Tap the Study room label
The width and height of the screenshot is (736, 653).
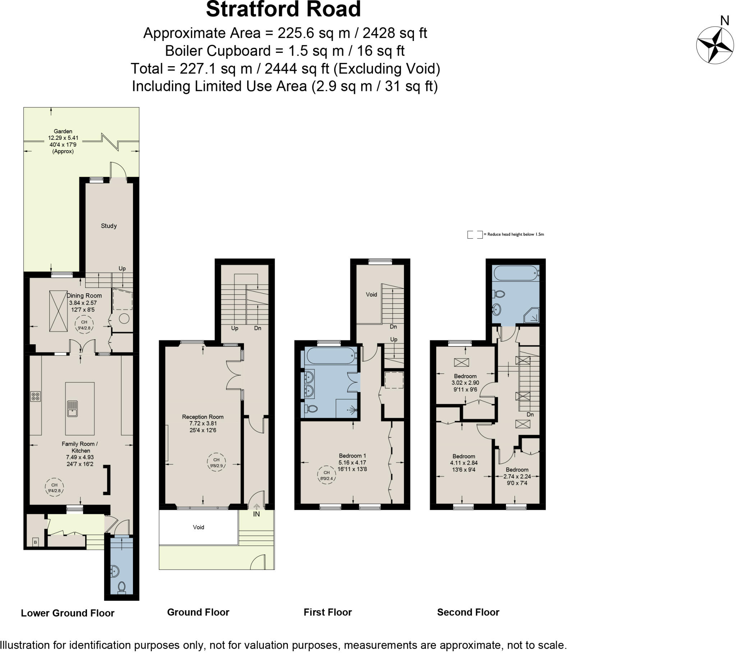pyautogui.click(x=109, y=226)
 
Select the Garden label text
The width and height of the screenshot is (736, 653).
pyautogui.click(x=63, y=132)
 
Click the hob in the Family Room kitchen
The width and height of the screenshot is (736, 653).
pyautogui.click(x=36, y=396)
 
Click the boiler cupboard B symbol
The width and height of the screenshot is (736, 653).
pyautogui.click(x=35, y=542)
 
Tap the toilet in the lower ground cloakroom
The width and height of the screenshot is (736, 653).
pyautogui.click(x=122, y=587)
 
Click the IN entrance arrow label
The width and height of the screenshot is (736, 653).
pyautogui.click(x=256, y=514)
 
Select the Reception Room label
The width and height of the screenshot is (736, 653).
pyautogui.click(x=203, y=417)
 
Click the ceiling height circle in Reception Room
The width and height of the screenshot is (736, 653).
pyautogui.click(x=216, y=463)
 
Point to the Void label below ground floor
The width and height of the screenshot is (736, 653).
pyautogui.click(x=198, y=527)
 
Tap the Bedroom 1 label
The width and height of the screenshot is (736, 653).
pyautogui.click(x=352, y=456)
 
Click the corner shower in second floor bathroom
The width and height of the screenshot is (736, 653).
pyautogui.click(x=532, y=315)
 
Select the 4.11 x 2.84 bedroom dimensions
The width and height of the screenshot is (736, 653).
pyautogui.click(x=464, y=463)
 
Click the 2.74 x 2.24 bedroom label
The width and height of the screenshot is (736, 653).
pyautogui.click(x=517, y=476)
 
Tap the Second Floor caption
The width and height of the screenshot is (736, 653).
pyautogui.click(x=468, y=612)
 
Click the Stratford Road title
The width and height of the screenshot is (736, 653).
pyautogui.click(x=283, y=9)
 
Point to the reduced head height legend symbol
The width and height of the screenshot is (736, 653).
pyautogui.click(x=475, y=234)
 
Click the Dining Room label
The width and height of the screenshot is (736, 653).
pyautogui.click(x=84, y=296)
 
